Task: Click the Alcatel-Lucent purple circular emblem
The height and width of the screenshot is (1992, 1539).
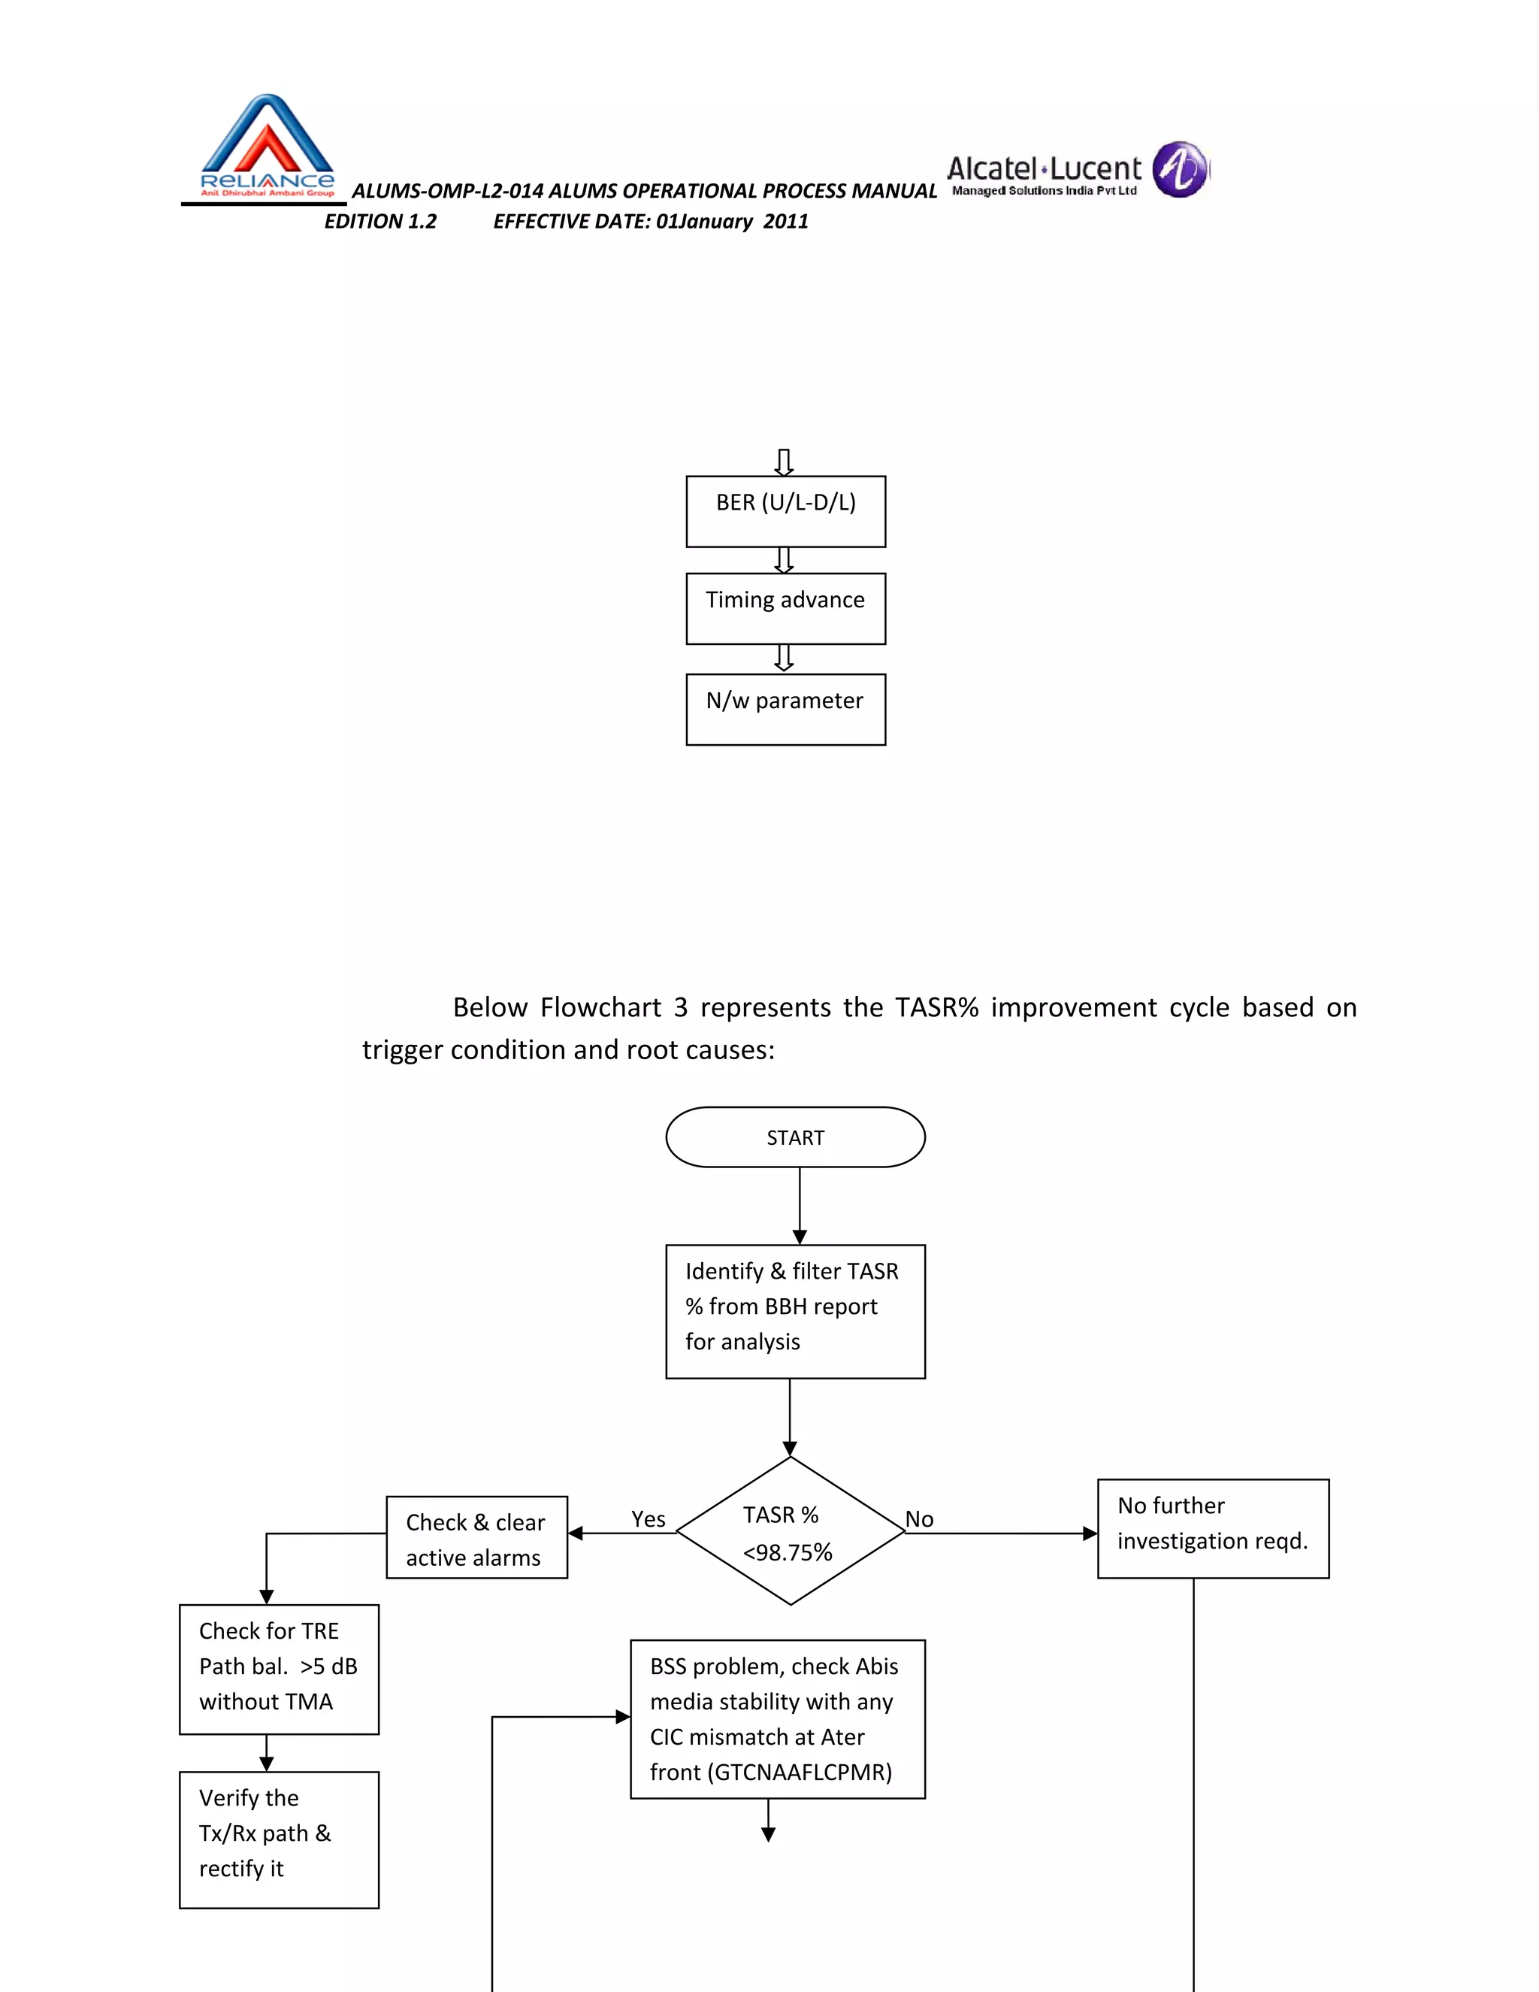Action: [x=1180, y=170]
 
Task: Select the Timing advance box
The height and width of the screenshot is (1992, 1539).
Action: [x=785, y=608]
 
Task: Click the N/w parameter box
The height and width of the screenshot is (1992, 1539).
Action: [x=785, y=709]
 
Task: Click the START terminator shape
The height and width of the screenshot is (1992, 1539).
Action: [x=795, y=1137]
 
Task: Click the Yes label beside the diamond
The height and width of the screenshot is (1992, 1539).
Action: [x=649, y=1518]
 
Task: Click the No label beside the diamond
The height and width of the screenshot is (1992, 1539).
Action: [x=919, y=1518]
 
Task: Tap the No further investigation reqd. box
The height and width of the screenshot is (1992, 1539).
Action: [x=1213, y=1529]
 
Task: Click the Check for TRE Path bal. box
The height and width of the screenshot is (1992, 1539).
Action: [x=278, y=1668]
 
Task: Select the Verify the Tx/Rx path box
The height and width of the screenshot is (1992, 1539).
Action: [x=278, y=1839]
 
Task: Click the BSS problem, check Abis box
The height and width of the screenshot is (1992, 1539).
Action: [x=777, y=1718]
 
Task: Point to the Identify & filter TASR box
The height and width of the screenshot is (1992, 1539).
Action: [x=795, y=1311]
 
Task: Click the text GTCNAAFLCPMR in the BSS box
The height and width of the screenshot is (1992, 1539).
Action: [x=800, y=1773]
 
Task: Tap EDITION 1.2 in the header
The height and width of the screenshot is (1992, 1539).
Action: [x=380, y=222]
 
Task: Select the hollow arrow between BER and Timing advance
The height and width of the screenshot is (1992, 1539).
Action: [x=784, y=560]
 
